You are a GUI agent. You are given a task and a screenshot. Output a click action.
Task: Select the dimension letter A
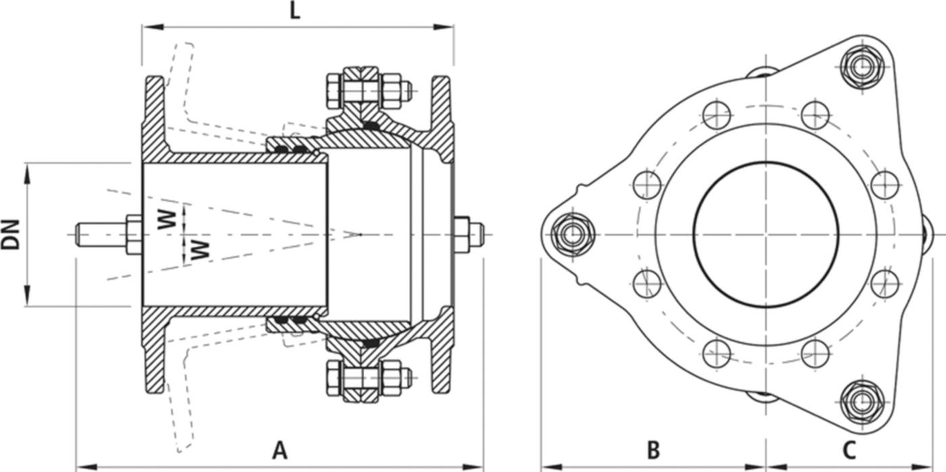280,450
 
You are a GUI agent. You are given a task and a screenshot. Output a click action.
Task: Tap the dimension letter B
653,450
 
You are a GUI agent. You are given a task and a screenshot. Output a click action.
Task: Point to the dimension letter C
849,450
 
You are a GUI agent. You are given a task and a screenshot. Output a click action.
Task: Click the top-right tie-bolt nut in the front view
862,66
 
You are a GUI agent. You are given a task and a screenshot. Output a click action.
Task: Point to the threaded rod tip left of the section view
80,234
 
